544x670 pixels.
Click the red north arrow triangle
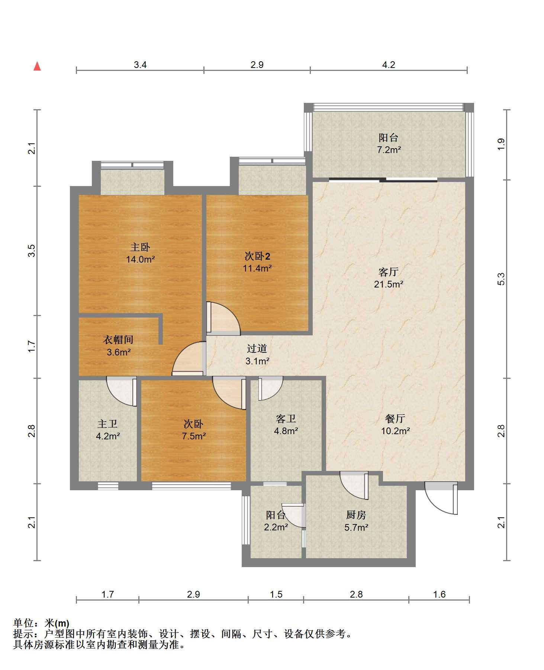tap(37, 66)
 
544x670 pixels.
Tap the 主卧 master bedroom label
tap(140, 247)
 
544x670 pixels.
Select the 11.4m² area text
tap(257, 268)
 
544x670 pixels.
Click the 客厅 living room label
tap(389, 272)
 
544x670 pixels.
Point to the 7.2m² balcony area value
tap(389, 150)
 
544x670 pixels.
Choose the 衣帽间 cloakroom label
tap(118, 339)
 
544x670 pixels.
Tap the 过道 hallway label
tap(257, 348)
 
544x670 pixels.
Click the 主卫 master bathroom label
tap(107, 424)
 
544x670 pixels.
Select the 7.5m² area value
tap(194, 436)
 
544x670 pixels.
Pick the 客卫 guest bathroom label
tap(286, 419)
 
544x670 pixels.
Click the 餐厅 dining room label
tap(395, 419)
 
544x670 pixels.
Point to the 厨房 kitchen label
tap(356, 515)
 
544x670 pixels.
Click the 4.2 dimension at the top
tap(389, 65)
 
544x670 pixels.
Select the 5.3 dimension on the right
tap(501, 279)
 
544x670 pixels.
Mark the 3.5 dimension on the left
tap(33, 251)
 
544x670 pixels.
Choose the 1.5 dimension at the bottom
tap(276, 595)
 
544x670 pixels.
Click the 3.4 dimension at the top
tap(140, 65)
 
